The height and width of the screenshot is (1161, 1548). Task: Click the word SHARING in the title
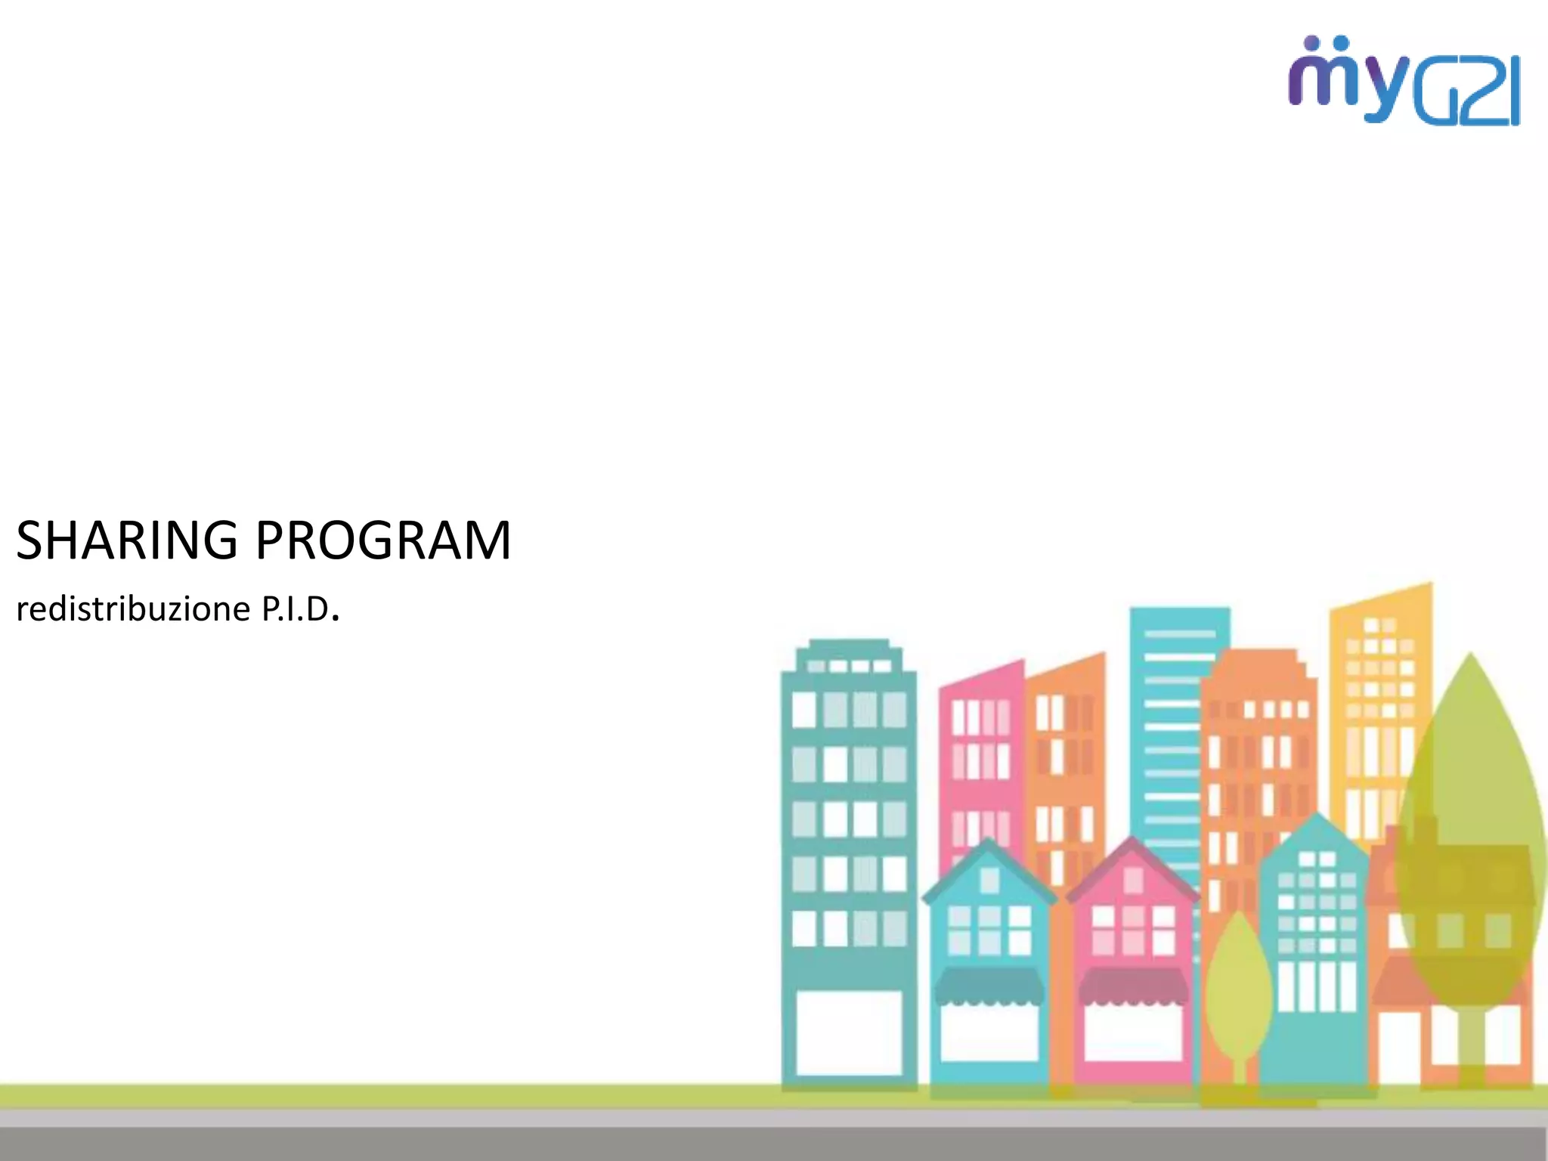[x=127, y=540]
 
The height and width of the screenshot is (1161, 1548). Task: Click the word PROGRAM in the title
[x=383, y=540]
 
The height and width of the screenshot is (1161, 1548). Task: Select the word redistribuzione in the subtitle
[x=133, y=609]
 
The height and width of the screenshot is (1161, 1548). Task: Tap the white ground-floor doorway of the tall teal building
[x=849, y=1032]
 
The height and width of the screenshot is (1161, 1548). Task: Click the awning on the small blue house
[x=989, y=986]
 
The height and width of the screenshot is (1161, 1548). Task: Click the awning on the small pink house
[x=1132, y=986]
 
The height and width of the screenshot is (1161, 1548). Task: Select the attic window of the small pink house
[x=1132, y=880]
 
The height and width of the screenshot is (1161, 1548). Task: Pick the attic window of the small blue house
[x=989, y=880]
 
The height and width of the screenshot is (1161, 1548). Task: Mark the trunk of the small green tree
[x=1240, y=1077]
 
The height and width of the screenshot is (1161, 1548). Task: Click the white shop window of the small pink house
[x=1132, y=1032]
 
